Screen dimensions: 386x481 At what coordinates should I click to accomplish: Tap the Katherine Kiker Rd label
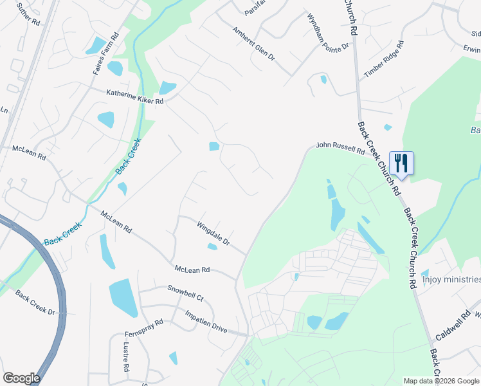coord(135,96)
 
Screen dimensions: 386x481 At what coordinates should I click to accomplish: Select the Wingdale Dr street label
coord(213,234)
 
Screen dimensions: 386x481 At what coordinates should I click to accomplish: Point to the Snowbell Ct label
coord(185,294)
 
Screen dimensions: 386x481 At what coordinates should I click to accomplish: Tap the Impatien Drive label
coord(206,321)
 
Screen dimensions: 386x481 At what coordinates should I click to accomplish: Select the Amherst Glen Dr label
coord(253,44)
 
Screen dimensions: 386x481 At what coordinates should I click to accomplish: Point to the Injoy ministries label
coord(451,279)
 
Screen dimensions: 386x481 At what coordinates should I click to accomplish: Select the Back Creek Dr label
coord(35,303)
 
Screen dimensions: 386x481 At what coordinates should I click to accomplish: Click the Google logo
coord(21,378)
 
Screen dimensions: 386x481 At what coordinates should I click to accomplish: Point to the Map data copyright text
coord(442,381)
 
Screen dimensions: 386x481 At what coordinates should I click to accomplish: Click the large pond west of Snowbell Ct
coord(123,297)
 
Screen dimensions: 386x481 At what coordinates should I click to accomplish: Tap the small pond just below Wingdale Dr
coord(212,246)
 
